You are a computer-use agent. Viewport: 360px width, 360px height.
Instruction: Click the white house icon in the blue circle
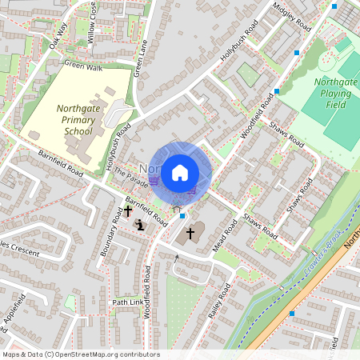180,172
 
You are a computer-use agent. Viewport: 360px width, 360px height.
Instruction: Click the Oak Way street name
58,33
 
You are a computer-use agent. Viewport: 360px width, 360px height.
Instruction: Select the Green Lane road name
141,58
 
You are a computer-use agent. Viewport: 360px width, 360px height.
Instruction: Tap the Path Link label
128,302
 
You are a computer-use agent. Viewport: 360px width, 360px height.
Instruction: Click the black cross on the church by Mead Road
190,234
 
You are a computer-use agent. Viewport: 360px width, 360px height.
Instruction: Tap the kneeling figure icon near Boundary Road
139,225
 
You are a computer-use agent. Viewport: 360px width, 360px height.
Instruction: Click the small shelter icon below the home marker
176,207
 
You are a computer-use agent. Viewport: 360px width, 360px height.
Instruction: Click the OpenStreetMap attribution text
81,354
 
